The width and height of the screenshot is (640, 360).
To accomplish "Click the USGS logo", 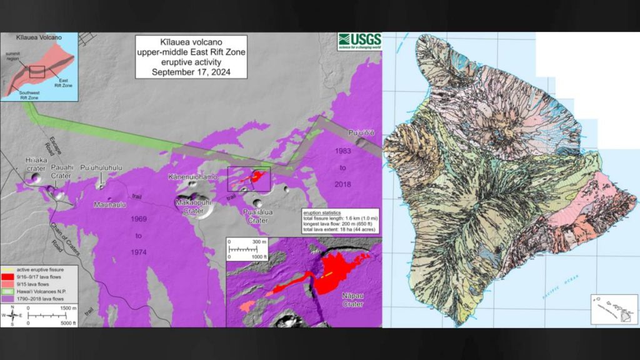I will point(359,41).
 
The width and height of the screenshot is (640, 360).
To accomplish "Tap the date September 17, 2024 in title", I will point(191,71).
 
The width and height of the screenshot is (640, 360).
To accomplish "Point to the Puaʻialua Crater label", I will point(257,216).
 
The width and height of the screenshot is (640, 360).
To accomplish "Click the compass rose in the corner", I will point(12,316).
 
